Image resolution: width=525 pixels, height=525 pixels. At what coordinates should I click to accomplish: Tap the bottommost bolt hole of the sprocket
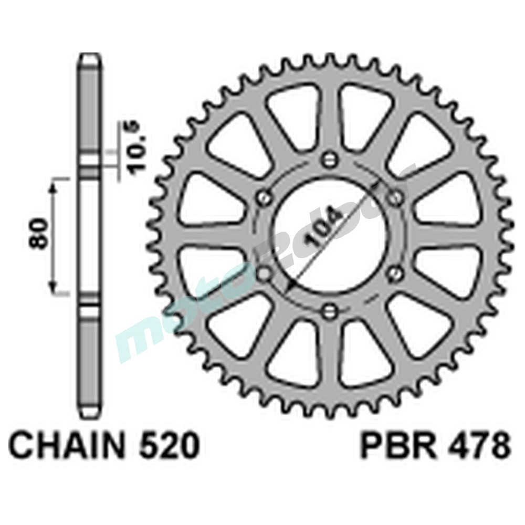click(329, 310)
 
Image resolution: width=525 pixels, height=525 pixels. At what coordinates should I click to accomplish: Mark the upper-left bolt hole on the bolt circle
click(264, 197)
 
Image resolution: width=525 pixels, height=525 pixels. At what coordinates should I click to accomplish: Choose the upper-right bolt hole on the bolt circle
click(395, 197)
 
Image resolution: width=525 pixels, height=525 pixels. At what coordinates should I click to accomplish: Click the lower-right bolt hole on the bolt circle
click(395, 272)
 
